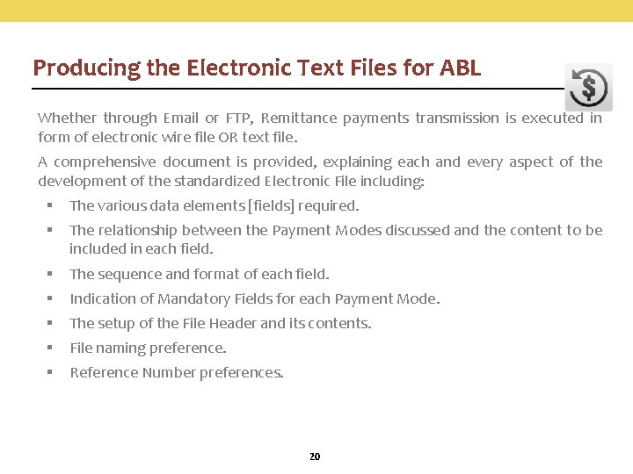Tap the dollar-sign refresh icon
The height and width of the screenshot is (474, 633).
click(x=588, y=88)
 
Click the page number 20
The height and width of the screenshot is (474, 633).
click(x=315, y=456)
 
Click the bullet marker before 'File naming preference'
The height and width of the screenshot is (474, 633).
click(x=51, y=348)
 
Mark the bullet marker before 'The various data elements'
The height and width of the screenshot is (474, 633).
click(x=51, y=205)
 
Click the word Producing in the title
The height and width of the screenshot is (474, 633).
click(x=74, y=68)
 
